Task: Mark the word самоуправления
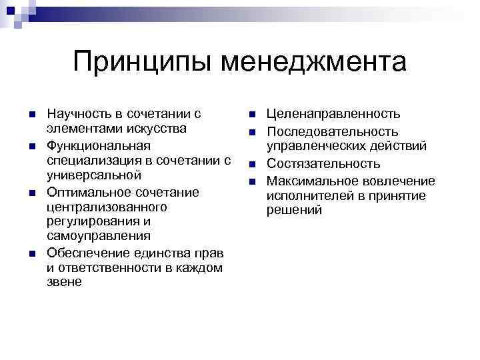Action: (x=89, y=236)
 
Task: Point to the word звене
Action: (x=65, y=282)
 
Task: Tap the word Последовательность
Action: (x=333, y=131)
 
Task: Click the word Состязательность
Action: (x=323, y=163)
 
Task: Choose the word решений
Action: (x=294, y=210)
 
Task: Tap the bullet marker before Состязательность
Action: (x=253, y=164)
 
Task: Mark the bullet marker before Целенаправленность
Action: (x=253, y=115)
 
